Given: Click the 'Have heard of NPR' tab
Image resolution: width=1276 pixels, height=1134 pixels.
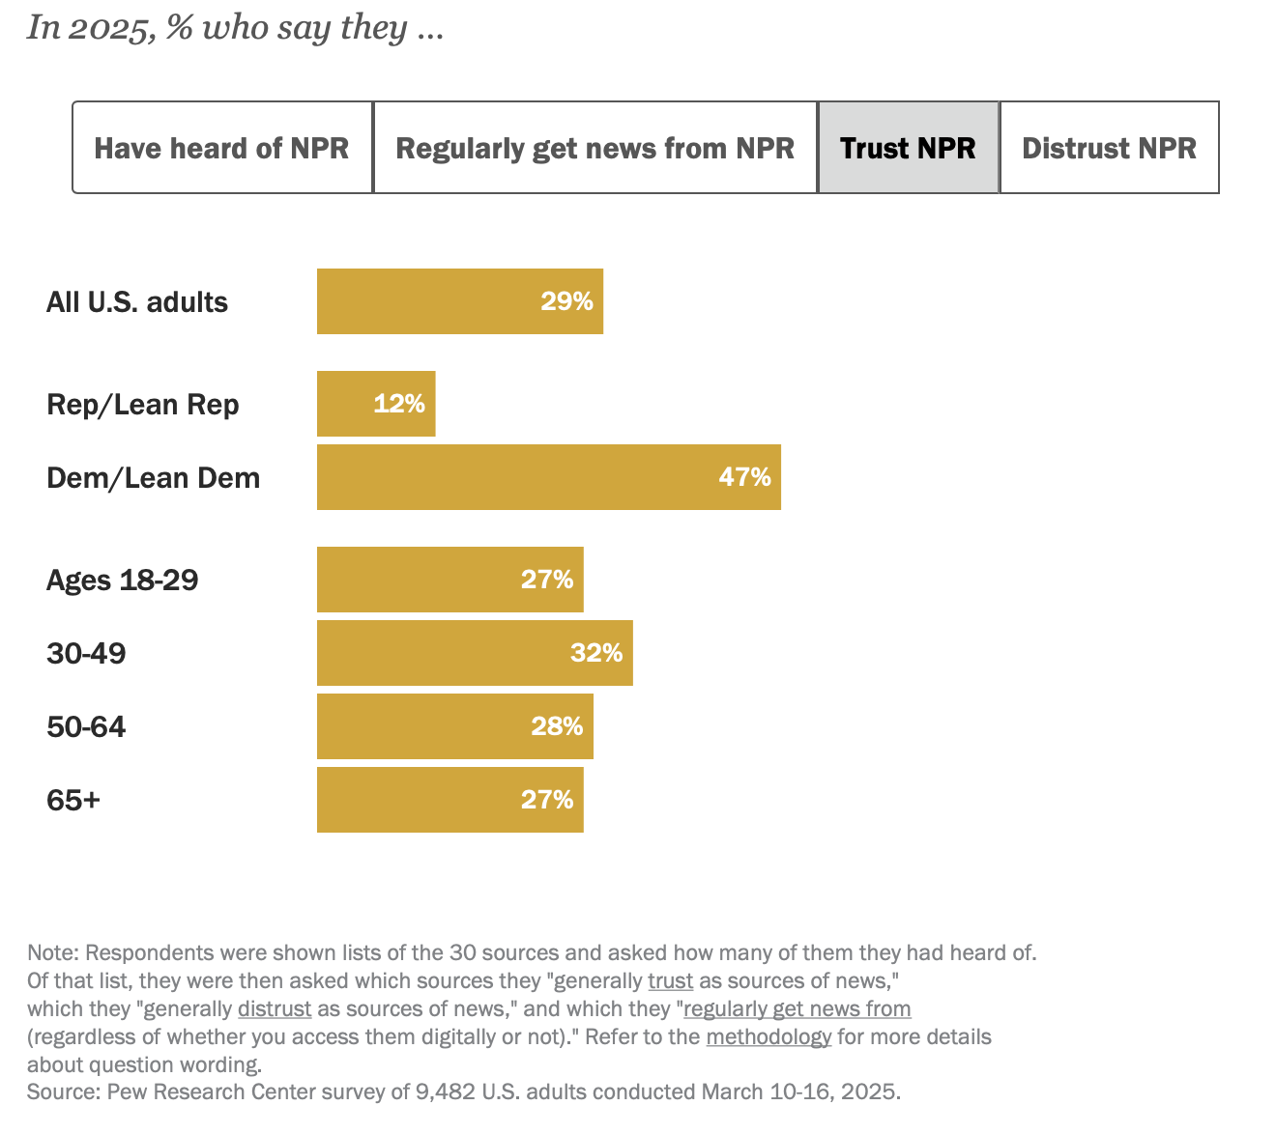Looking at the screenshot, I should click(x=222, y=148).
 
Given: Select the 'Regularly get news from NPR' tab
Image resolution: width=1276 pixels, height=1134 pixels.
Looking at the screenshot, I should click(x=594, y=148).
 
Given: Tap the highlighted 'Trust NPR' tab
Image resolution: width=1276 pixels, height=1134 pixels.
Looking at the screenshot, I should click(x=908, y=148).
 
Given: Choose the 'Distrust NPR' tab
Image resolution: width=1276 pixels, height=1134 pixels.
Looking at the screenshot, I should click(x=1109, y=148).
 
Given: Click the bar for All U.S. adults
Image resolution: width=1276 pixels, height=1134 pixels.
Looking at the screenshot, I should click(x=425, y=301).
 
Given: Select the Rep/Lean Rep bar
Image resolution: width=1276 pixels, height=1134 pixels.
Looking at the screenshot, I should click(x=348, y=404).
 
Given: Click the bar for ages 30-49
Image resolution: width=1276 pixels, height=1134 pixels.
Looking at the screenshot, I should click(x=445, y=653).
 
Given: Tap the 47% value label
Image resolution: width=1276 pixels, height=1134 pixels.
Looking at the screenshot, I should click(x=744, y=477).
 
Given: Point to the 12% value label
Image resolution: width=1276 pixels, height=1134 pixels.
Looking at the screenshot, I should click(x=399, y=404).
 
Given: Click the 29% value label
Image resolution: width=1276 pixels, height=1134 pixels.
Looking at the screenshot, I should click(x=566, y=301).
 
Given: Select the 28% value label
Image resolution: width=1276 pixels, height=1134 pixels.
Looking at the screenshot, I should click(x=557, y=726).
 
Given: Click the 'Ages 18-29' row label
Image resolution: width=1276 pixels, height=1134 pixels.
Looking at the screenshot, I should click(x=123, y=580).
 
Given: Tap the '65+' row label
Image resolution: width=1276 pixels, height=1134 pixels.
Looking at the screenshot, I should click(x=73, y=800).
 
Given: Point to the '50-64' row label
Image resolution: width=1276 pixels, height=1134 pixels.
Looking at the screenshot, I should click(x=86, y=726).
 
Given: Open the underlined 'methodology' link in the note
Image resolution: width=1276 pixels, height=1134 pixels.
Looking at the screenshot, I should click(x=768, y=1037).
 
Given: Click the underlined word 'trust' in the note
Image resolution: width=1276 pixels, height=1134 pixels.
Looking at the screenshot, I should click(x=670, y=981).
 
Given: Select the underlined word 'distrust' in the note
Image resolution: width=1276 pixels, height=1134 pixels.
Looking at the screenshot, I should click(x=275, y=1009).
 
